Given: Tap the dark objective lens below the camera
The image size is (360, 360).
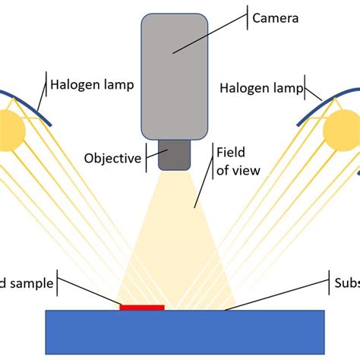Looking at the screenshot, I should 174,156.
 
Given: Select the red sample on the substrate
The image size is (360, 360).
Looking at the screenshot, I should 142,308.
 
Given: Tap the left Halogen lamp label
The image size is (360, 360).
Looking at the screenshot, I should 92,85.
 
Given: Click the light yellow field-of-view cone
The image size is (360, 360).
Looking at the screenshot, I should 173,251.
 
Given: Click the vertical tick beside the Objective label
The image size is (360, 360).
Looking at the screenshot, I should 146,158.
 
